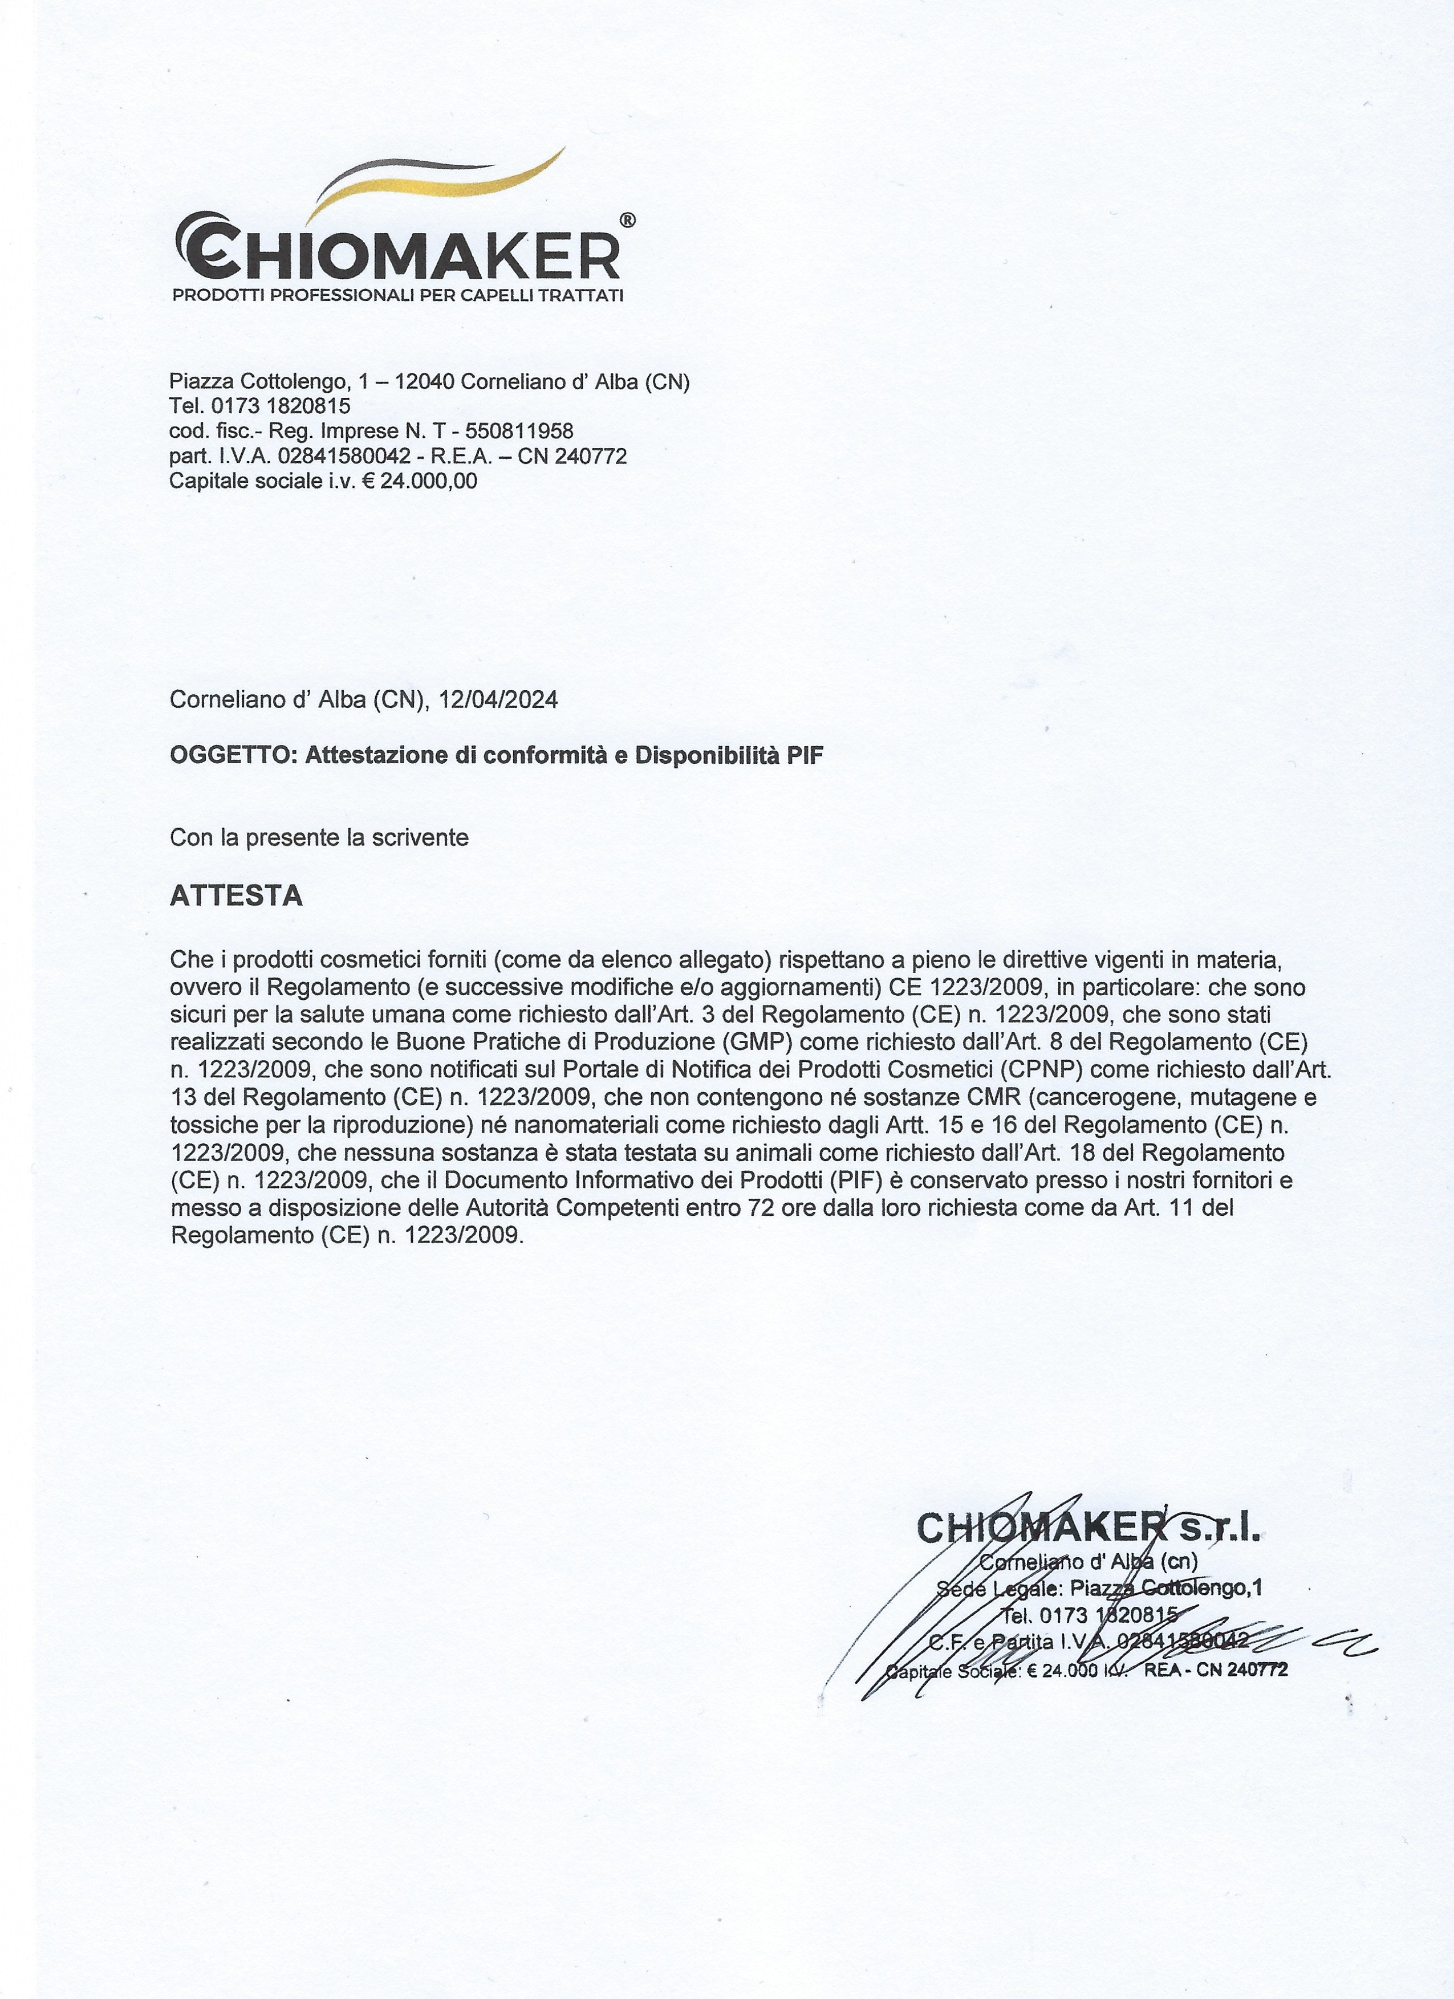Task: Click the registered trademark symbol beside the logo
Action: point(627,221)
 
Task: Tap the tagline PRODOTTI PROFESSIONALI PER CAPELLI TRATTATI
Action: point(397,294)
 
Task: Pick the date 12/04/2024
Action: point(498,700)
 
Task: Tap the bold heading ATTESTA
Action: point(235,897)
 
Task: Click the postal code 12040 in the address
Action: point(423,382)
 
